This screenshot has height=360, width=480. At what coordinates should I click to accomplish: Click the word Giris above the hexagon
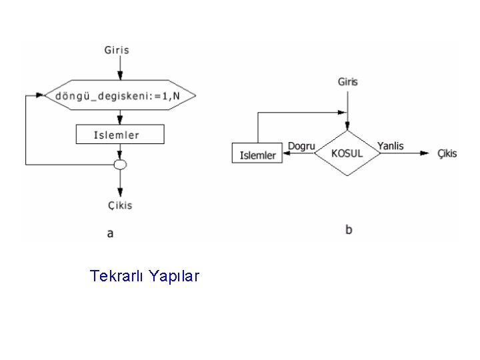[x=117, y=50]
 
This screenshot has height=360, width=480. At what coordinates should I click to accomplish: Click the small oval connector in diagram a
[x=120, y=164]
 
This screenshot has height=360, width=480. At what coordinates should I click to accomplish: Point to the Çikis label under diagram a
[x=120, y=205]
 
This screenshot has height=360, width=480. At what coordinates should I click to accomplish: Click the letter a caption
[x=111, y=233]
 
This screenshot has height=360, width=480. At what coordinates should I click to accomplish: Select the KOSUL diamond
[x=347, y=153]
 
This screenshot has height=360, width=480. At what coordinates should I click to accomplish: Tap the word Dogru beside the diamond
[x=301, y=145]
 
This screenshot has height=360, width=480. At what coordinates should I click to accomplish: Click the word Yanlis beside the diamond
[x=390, y=145]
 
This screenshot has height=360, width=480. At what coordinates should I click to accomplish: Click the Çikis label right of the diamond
[x=447, y=153]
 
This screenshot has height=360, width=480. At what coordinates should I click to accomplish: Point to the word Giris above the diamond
[x=347, y=82]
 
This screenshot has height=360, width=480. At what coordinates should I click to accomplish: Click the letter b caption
[x=349, y=230]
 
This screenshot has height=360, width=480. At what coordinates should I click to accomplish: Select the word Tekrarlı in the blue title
[x=117, y=275]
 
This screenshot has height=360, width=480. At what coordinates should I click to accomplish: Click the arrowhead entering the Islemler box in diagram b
[x=287, y=153]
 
